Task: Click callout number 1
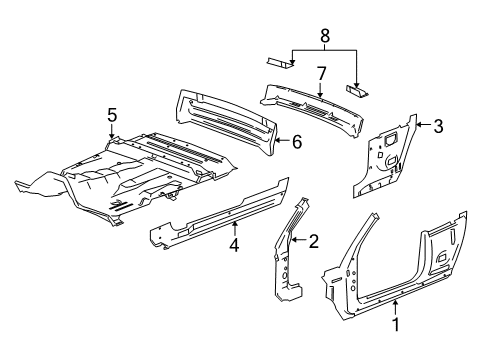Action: [x=396, y=324]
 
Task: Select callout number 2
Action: [x=314, y=241]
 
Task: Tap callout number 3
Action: [x=438, y=126]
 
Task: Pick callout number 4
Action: [x=234, y=245]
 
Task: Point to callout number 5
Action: [x=112, y=115]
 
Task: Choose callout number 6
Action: [x=297, y=142]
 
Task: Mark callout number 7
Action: [x=321, y=74]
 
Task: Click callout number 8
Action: [x=325, y=36]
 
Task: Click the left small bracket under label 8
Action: [x=280, y=62]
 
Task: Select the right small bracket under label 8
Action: [x=357, y=90]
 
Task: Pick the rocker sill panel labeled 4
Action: [x=220, y=213]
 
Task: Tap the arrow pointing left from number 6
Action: [x=282, y=140]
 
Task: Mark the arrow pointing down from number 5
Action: [x=112, y=131]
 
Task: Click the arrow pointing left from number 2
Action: [x=299, y=239]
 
